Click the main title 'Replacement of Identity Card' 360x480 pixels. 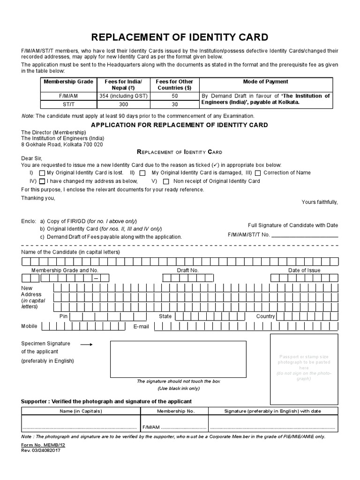(180, 37)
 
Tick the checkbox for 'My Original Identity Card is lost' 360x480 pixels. (43, 173)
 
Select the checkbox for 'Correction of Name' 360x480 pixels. (258, 173)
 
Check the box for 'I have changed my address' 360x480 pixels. (43, 181)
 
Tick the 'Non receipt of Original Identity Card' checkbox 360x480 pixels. (165, 181)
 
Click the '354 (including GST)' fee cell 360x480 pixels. (123, 96)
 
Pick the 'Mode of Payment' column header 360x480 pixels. (265, 82)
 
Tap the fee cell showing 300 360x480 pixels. (123, 105)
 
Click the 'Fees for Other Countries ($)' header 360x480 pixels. (174, 85)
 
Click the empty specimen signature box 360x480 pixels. (178, 359)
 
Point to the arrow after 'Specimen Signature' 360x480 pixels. (87, 344)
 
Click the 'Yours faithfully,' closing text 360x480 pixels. (319, 202)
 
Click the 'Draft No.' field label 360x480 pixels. (187, 270)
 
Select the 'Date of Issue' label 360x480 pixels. (304, 270)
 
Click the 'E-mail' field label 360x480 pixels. (141, 326)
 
